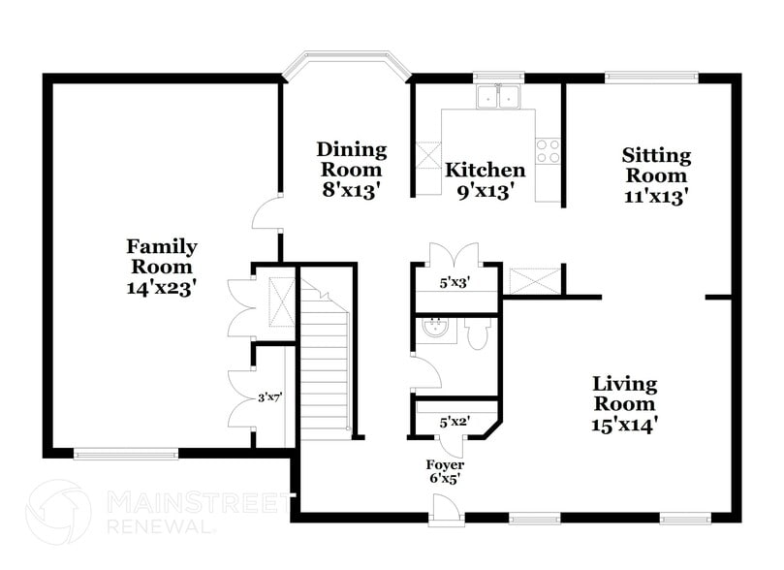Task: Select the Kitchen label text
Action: (485, 171)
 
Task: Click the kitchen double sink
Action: (500, 96)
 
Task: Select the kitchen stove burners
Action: (548, 150)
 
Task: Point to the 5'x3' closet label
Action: (455, 283)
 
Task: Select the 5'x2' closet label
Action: (455, 422)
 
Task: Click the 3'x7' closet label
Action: (269, 396)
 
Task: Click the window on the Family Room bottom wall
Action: (126, 453)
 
